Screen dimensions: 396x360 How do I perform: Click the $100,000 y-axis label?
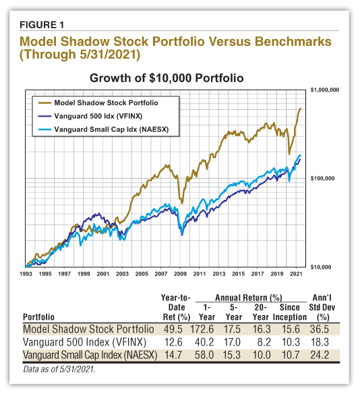(324, 179)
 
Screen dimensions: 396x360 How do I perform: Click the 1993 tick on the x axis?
(26, 275)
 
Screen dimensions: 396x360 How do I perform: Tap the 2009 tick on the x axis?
(179, 275)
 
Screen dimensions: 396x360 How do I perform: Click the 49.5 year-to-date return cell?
(174, 330)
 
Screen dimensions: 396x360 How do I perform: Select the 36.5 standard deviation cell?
(323, 330)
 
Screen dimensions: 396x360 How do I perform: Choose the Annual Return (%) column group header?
(248, 297)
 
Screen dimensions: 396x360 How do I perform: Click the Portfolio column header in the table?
(39, 317)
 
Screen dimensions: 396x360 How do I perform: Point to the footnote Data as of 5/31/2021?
(59, 368)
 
